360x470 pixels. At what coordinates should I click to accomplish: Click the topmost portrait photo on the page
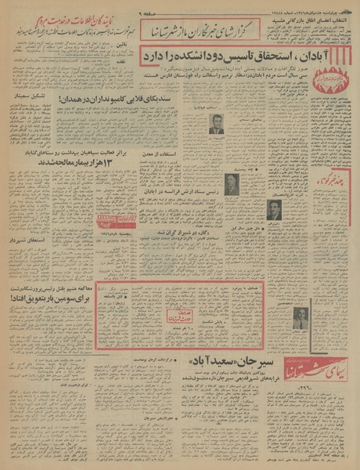coord(216,123)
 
